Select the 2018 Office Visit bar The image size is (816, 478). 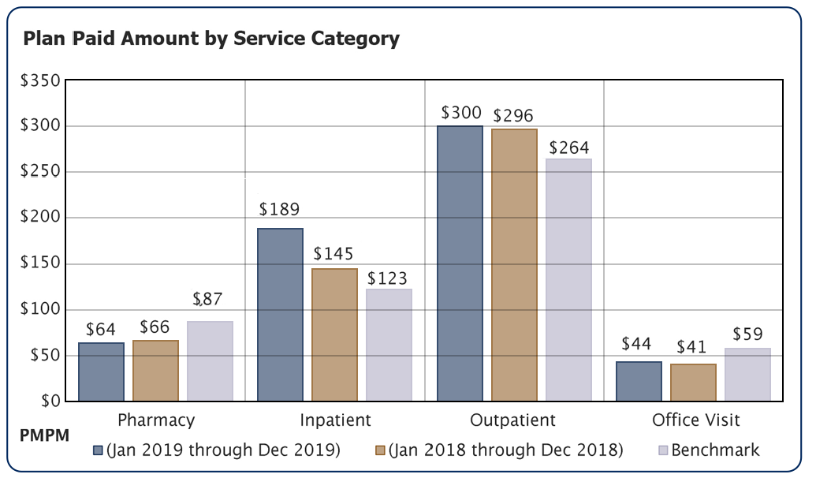point(693,382)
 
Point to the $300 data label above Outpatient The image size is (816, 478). point(460,113)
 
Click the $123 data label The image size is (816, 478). point(388,278)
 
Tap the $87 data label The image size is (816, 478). point(208,300)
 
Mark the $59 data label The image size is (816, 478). point(747,334)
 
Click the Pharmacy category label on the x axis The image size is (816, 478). point(155,420)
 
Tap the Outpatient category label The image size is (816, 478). point(512,420)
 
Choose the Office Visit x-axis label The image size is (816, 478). point(695,420)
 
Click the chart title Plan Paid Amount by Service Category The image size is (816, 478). point(211,38)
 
